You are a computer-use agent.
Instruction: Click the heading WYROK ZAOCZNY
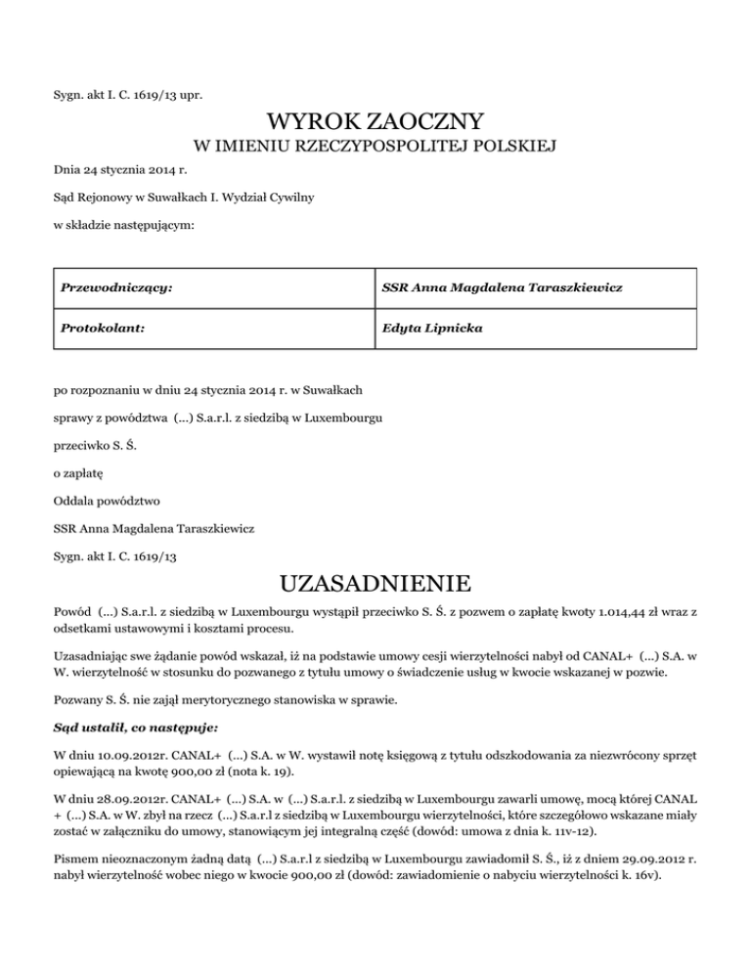[375, 122]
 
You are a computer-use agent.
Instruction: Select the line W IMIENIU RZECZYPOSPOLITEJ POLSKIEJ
[375, 148]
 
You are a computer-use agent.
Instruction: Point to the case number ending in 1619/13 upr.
[128, 94]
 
